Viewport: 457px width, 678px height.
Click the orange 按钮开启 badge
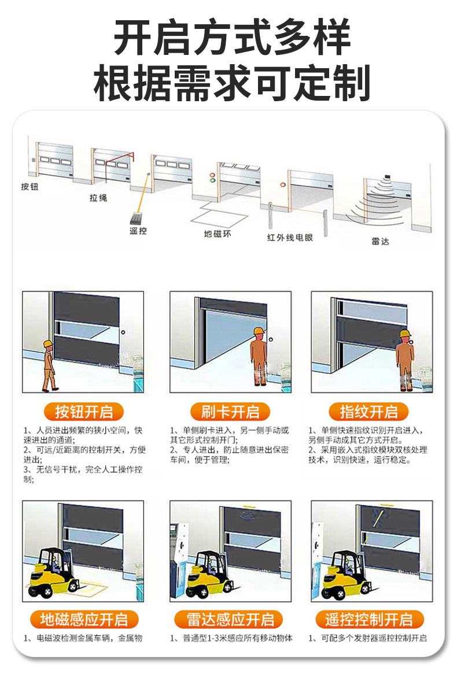point(83,412)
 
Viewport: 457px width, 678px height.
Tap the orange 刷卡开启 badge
point(230,412)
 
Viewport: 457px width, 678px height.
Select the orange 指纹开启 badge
point(368,412)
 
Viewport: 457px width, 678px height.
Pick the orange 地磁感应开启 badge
point(83,619)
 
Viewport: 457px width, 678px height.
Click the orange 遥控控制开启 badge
point(368,619)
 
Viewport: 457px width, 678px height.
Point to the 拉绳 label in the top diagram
point(98,198)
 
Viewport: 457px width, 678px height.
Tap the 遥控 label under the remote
point(138,231)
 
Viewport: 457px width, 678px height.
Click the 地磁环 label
point(218,234)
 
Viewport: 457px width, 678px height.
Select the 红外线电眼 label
point(289,238)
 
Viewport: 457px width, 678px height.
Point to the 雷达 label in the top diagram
point(381,241)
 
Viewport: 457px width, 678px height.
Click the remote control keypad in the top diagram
point(138,218)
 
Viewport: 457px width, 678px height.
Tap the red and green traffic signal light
point(212,177)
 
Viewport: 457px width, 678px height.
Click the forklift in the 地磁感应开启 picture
point(53,572)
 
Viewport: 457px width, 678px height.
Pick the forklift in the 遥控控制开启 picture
point(347,574)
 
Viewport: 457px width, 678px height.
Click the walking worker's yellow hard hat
point(48,344)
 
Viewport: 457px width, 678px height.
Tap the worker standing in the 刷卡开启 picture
point(259,356)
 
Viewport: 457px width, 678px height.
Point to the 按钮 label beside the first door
point(30,187)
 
